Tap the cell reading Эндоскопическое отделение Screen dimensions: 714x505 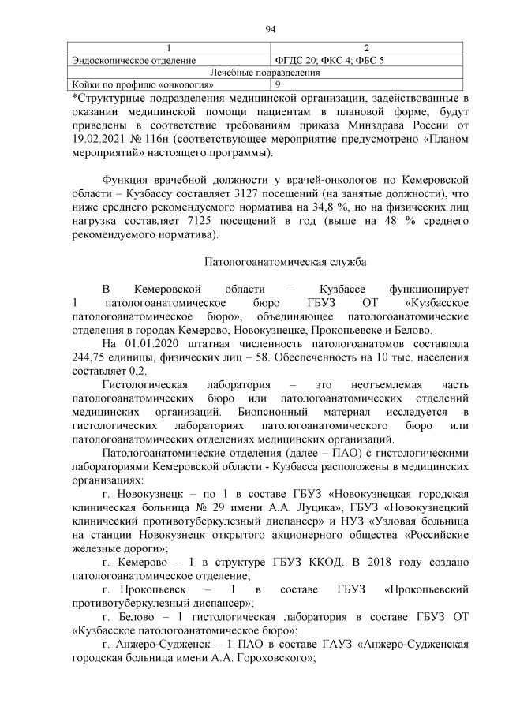click(x=134, y=60)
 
